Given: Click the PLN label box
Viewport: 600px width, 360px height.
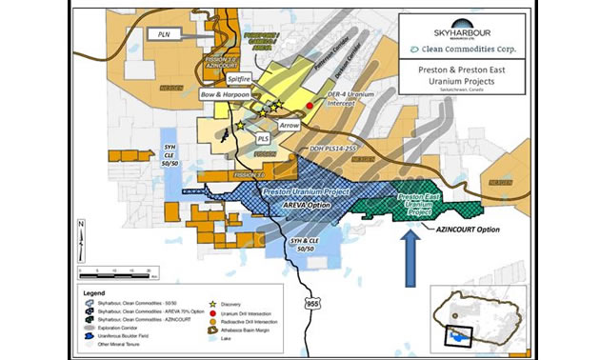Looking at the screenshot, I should (x=161, y=34).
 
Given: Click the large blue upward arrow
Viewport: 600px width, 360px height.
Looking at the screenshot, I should (x=408, y=255).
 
